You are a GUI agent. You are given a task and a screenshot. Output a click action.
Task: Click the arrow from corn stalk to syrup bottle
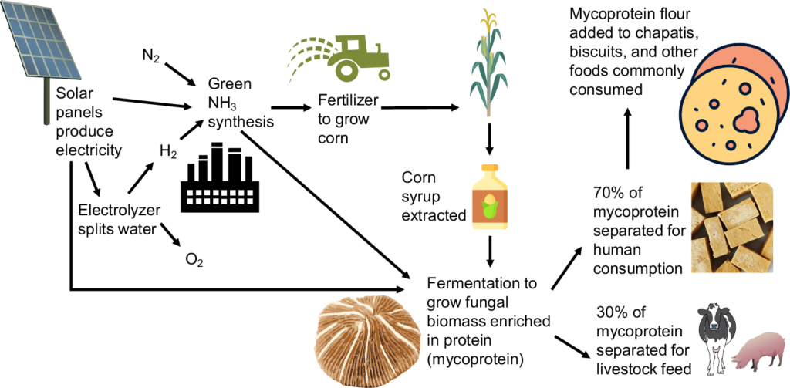point(489,143)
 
